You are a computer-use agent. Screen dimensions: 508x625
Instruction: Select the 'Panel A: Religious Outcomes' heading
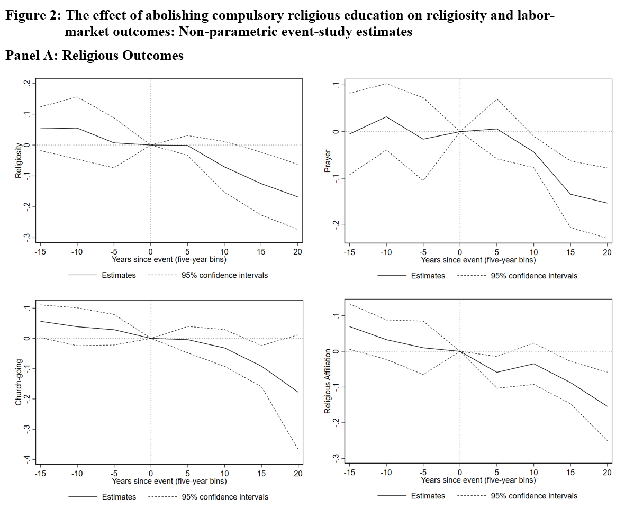[x=94, y=56]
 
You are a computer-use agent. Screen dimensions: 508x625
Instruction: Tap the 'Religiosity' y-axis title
[x=19, y=160]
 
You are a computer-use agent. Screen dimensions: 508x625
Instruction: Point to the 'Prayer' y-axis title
[x=328, y=160]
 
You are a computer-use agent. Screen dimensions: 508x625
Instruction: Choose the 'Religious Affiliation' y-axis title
[x=328, y=381]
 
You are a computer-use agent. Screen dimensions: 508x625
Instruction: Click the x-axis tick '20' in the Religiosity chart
[x=297, y=252]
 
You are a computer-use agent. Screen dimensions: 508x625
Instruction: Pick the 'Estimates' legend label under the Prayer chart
[x=428, y=276]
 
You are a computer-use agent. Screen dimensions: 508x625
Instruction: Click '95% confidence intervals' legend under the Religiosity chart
[x=225, y=275]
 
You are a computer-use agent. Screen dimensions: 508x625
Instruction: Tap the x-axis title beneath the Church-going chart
[x=169, y=482]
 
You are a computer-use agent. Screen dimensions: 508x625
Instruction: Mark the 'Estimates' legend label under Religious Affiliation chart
[x=428, y=496]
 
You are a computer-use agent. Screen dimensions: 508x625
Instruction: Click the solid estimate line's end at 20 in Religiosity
[x=298, y=197]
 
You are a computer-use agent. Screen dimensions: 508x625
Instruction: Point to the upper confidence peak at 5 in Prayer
[x=497, y=99]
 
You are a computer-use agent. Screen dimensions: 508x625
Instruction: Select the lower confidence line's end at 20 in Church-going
[x=298, y=450]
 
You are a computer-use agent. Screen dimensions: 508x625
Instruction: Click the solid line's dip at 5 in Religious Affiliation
[x=497, y=372]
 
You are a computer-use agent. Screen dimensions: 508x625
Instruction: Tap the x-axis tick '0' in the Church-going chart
[x=151, y=474]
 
